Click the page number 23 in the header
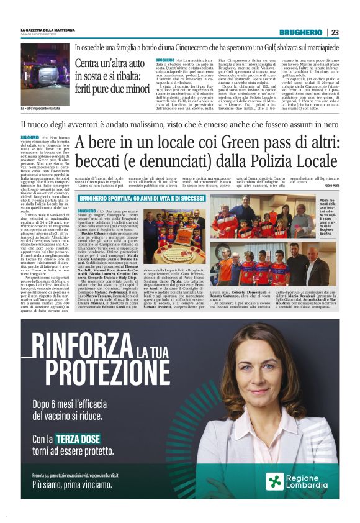[335, 32]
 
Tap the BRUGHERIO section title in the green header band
[301, 32]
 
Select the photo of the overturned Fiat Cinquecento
[45, 66]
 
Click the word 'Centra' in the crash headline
[89, 63]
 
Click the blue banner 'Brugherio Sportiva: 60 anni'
[142, 198]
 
